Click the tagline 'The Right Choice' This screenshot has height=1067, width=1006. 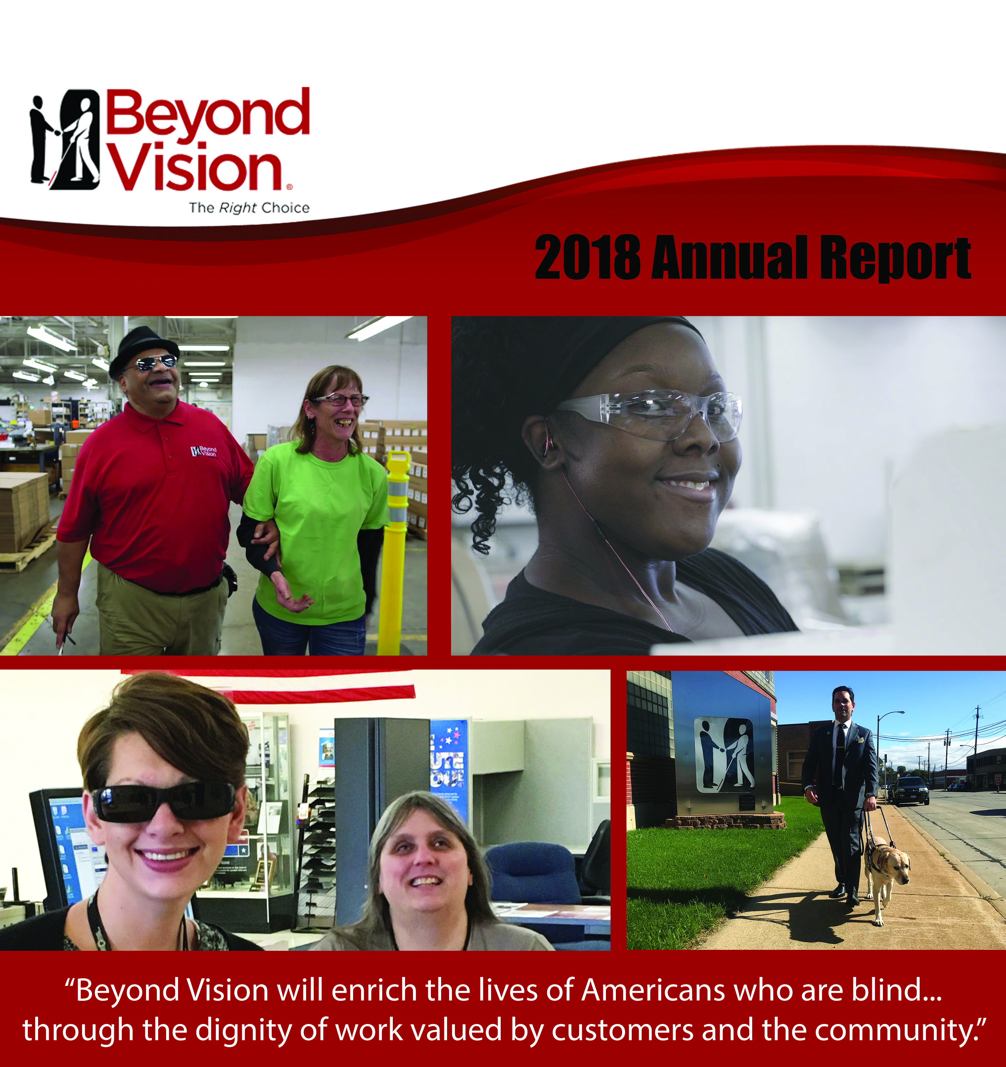point(249,208)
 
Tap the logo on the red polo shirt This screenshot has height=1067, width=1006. point(204,451)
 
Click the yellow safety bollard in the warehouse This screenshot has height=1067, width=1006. point(397,553)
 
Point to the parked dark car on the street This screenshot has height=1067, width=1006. point(910,791)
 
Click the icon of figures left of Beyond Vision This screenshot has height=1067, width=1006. point(65,140)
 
